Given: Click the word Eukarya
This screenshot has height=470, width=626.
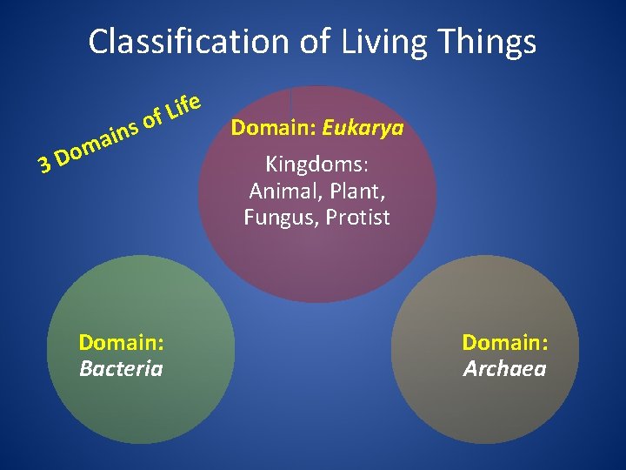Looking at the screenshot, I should click(x=363, y=130).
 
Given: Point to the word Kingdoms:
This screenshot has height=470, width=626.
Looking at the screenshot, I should click(x=316, y=164).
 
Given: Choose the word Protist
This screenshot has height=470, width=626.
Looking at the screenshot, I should click(x=357, y=218).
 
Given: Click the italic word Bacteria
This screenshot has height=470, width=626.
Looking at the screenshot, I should click(x=121, y=368).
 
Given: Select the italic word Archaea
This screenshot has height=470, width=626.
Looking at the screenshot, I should click(x=504, y=369).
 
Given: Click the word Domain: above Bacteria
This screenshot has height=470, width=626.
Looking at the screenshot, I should click(x=121, y=342).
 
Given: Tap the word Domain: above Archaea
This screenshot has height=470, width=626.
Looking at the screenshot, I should click(x=504, y=342).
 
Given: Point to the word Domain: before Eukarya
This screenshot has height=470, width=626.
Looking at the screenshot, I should click(x=273, y=130).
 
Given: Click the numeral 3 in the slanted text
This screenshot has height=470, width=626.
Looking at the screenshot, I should click(x=43, y=162).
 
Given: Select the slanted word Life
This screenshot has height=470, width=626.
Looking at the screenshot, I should click(x=184, y=105).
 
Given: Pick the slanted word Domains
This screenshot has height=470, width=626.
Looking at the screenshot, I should click(x=99, y=141).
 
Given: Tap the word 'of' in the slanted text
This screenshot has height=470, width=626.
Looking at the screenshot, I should click(x=153, y=118).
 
